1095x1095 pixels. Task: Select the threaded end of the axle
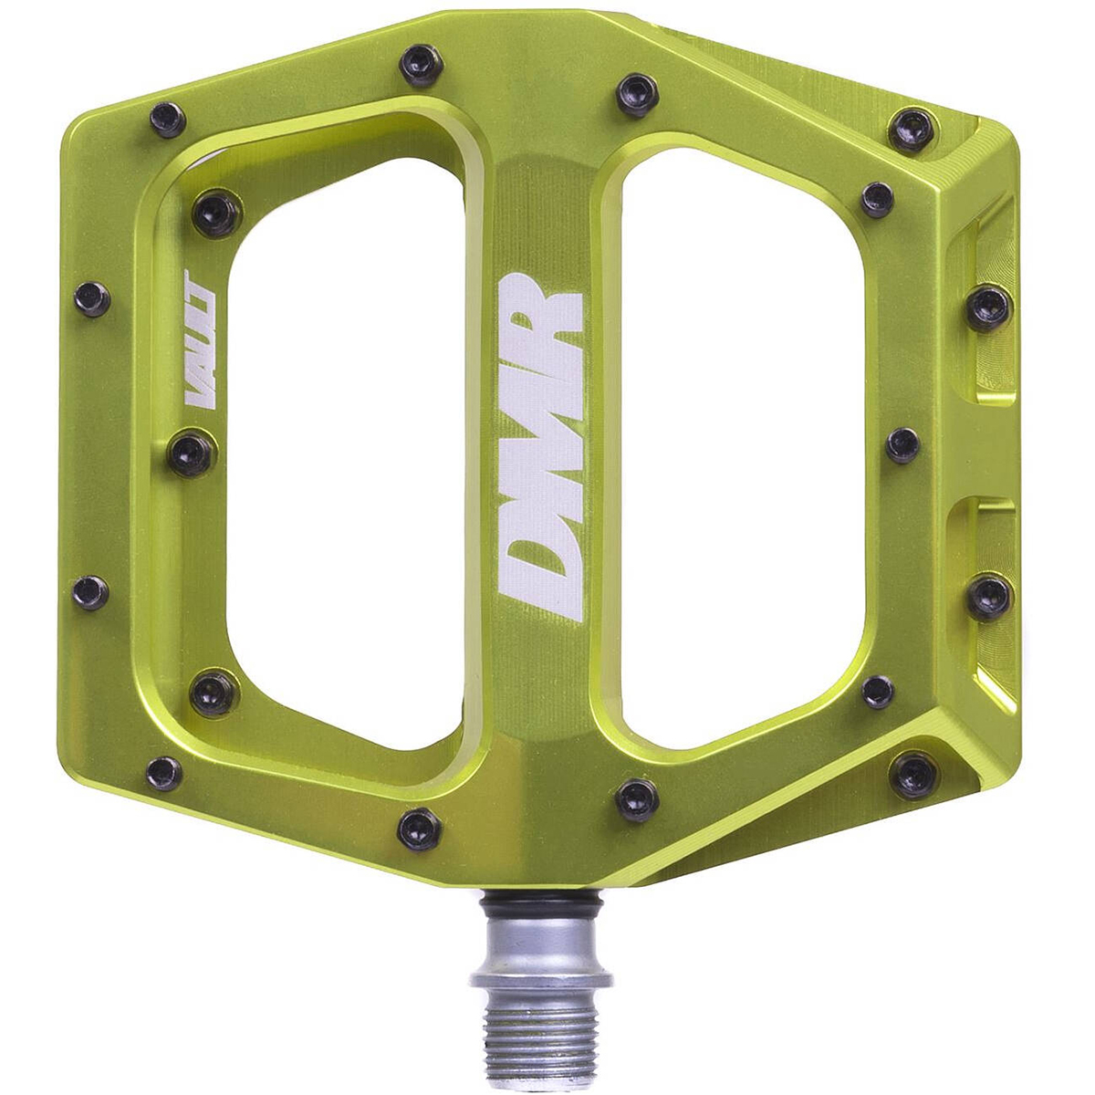point(541,1027)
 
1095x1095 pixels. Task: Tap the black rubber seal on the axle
point(541,903)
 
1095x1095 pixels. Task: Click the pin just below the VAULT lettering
point(192,454)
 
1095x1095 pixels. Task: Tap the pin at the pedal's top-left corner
point(168,120)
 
